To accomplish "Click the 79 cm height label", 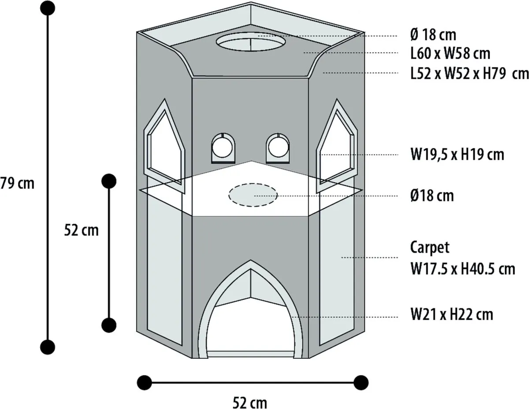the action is click(17, 184).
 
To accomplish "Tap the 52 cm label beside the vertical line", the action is click(81, 230).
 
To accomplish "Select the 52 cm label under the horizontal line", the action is click(250, 403).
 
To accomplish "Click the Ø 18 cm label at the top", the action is click(433, 35).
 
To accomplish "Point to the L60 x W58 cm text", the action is click(450, 54).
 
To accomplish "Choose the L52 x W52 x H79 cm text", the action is click(469, 74).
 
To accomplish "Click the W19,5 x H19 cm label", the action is click(457, 155).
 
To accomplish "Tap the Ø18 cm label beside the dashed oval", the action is click(432, 196).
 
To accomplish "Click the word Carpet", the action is click(430, 248).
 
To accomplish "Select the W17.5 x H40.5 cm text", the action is click(462, 269).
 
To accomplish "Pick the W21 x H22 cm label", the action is click(452, 315).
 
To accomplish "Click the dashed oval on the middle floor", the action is click(253, 195).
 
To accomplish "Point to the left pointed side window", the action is click(164, 146).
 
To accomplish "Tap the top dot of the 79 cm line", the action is click(48, 8).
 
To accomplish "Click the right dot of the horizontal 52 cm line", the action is click(361, 383).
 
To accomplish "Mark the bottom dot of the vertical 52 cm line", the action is click(109, 325).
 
